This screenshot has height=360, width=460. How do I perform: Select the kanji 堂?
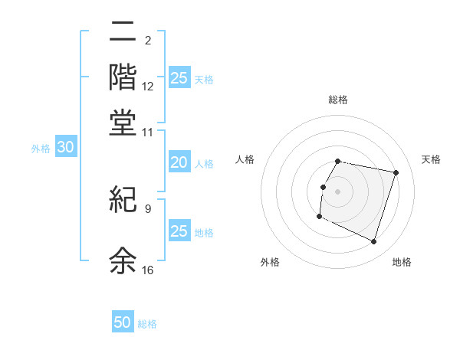coord(123,123)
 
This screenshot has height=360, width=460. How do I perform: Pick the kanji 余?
coord(123,260)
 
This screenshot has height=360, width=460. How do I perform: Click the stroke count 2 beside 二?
coord(147,41)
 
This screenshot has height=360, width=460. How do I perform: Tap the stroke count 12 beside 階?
coord(148,87)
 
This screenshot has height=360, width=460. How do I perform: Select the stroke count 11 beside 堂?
coord(148,133)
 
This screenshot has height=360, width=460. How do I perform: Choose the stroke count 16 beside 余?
coord(148,270)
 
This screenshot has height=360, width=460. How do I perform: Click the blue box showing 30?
coord(65,148)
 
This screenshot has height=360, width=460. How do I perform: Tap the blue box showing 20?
coord(179,162)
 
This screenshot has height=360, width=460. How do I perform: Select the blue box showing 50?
coord(123,322)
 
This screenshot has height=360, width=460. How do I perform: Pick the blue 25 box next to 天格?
coord(179,78)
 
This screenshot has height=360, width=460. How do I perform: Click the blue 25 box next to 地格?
coord(179,231)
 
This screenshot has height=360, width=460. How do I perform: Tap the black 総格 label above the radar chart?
coord(337,100)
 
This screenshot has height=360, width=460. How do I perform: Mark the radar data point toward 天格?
coord(396,173)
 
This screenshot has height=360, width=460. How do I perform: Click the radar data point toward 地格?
coord(373,242)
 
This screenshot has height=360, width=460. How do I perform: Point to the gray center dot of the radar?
coord(337,191)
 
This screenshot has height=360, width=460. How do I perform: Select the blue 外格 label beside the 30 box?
coord(40,149)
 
